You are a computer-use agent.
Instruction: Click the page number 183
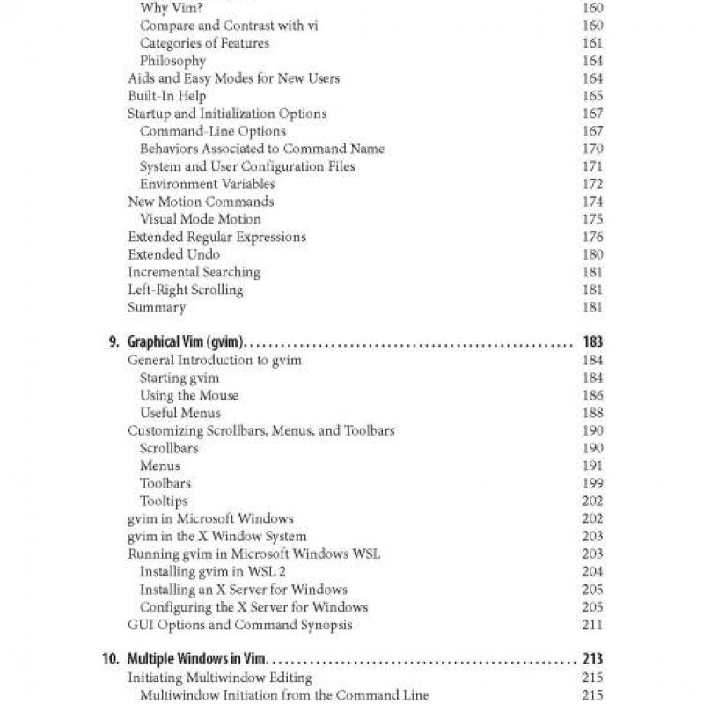[x=592, y=342]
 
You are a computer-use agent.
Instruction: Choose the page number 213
[x=592, y=659]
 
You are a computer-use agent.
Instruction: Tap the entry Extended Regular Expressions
[x=216, y=237]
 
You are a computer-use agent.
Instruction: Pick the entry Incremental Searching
[x=194, y=272]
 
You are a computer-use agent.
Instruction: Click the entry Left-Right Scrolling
[x=185, y=290]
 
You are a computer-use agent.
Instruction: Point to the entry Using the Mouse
[x=188, y=395]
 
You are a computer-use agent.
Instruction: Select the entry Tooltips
[x=164, y=501]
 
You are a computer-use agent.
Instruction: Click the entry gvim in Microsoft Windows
[x=210, y=518]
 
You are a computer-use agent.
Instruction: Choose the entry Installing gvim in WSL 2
[x=213, y=571]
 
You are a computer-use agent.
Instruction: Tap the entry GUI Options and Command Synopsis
[x=239, y=625]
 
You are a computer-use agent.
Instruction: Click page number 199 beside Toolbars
[x=592, y=483]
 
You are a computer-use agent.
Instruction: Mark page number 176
[x=592, y=237]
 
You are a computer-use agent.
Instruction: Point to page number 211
[x=592, y=625]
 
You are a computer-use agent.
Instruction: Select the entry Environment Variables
[x=208, y=184]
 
